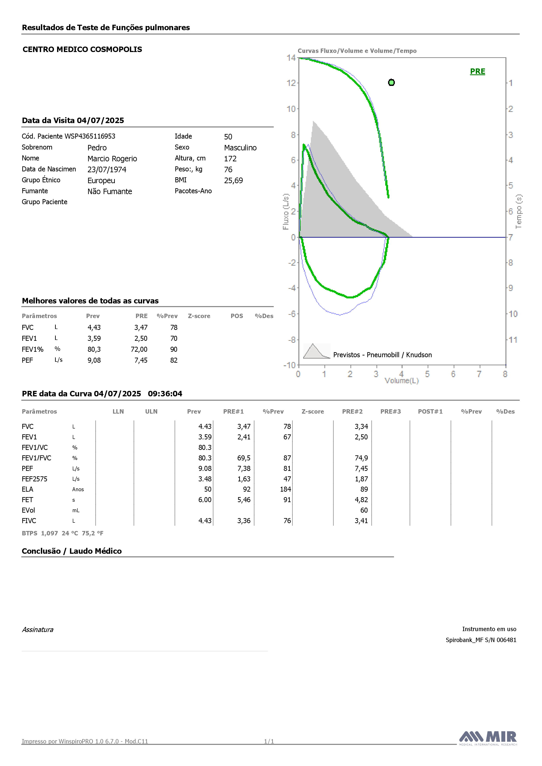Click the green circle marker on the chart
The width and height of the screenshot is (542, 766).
[392, 82]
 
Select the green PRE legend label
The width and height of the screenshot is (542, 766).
[478, 71]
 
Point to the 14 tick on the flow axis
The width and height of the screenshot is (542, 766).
[291, 58]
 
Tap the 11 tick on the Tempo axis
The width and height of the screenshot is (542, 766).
[513, 340]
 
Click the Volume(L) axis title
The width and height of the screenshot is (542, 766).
[401, 381]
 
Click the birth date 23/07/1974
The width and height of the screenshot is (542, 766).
[107, 169]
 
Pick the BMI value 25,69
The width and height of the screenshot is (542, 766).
[234, 181]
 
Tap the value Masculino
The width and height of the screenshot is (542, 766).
[240, 148]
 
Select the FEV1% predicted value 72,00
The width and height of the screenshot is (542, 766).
[139, 349]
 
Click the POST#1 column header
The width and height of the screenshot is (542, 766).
[430, 411]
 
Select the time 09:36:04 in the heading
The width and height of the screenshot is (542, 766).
[165, 394]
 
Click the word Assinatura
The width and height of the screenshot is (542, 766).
[38, 630]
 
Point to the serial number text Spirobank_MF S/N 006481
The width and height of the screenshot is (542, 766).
[481, 640]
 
